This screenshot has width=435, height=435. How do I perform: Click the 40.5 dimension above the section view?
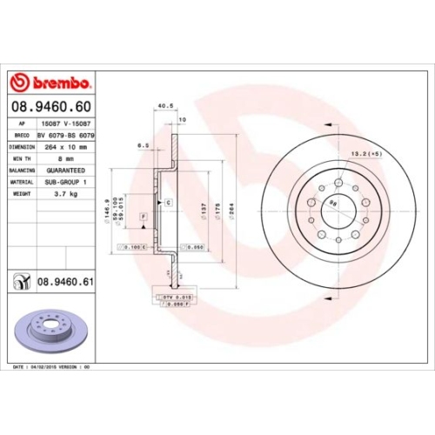(162, 106)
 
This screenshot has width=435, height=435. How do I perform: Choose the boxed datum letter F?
(142, 214)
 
